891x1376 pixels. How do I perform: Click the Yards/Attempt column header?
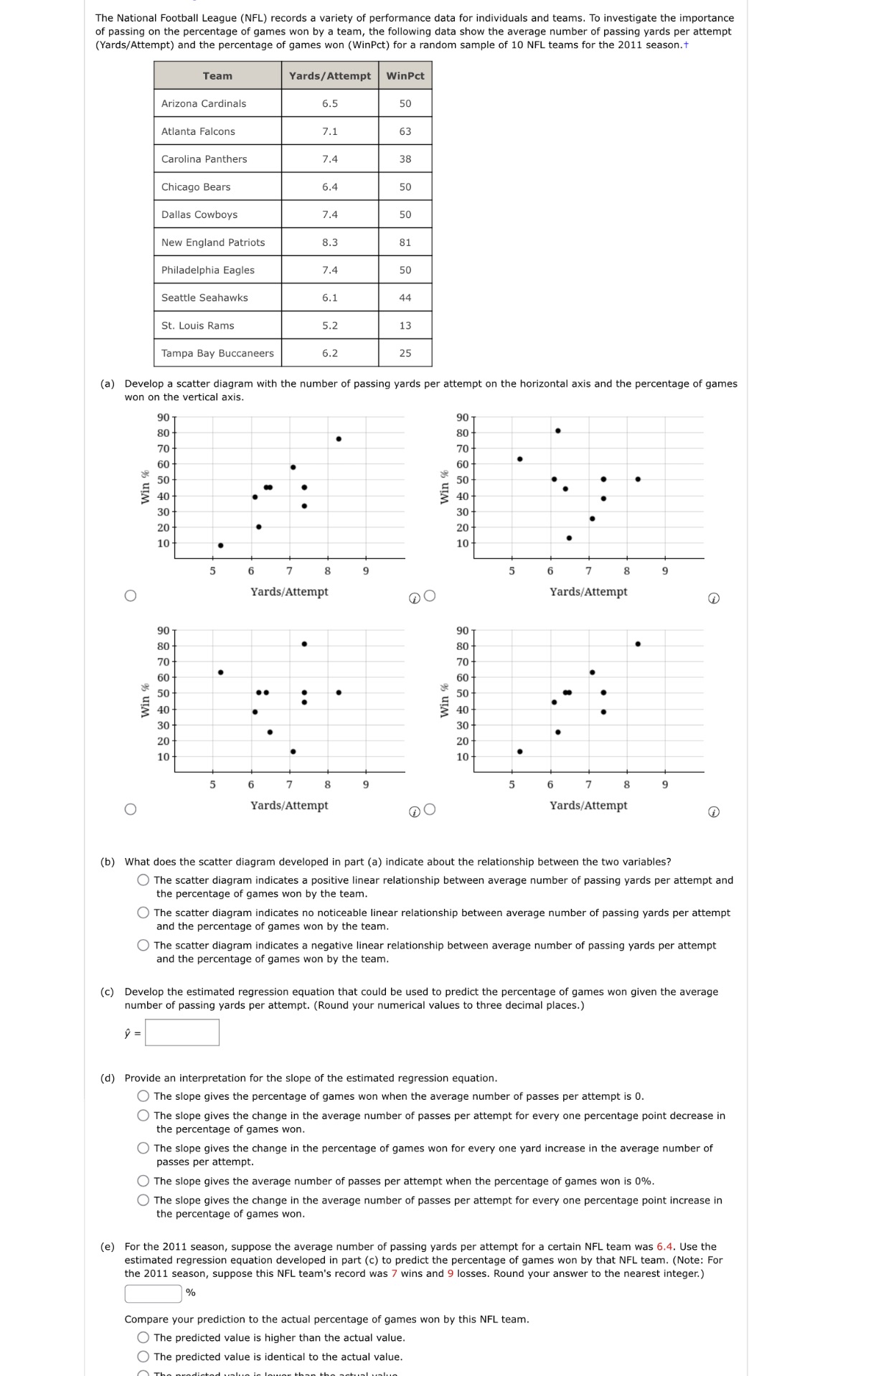[329, 75]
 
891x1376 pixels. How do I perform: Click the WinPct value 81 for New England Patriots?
[405, 242]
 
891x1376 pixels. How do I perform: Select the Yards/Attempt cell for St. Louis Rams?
[329, 326]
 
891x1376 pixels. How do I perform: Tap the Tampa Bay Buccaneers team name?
[217, 353]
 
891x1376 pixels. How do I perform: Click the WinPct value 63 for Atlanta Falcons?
[405, 131]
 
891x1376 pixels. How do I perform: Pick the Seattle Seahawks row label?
[204, 298]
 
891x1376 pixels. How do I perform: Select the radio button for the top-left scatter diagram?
[130, 596]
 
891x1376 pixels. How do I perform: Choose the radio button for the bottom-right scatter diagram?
[430, 810]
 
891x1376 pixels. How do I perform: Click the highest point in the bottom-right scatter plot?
[638, 644]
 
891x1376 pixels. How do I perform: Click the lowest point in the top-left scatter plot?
[220, 545]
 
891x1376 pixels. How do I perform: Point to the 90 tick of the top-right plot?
[462, 418]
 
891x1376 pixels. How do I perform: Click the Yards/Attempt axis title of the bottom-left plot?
[289, 805]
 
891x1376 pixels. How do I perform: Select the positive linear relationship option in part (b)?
[143, 880]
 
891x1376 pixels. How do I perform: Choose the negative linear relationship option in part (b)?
[143, 946]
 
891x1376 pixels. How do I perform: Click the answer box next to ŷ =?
[182, 1033]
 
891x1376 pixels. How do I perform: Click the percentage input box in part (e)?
[154, 1293]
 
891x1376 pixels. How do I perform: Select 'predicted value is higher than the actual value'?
[143, 1338]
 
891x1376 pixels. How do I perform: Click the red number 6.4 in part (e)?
[664, 1247]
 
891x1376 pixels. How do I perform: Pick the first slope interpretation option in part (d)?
[143, 1096]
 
